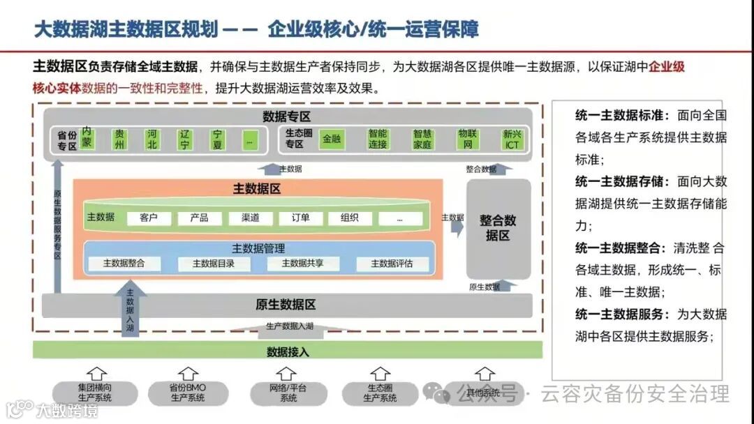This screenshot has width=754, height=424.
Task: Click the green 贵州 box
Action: (x=120, y=139)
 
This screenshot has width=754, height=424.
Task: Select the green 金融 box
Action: (x=332, y=139)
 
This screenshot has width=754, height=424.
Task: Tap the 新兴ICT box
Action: (x=512, y=139)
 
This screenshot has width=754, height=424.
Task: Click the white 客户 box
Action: (x=148, y=218)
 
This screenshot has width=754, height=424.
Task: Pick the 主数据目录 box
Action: (x=213, y=264)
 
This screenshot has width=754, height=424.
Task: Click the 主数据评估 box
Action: (x=392, y=264)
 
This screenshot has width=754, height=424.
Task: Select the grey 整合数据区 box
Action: (x=498, y=228)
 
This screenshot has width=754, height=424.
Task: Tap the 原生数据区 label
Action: (x=286, y=305)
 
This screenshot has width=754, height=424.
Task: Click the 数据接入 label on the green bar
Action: (x=288, y=351)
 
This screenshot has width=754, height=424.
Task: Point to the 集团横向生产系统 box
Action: (x=95, y=393)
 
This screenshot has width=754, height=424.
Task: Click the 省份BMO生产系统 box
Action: (x=188, y=393)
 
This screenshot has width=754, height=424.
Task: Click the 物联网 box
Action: (x=468, y=139)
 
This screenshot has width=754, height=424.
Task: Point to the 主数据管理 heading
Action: (x=258, y=248)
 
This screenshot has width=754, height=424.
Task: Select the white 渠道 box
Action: (x=250, y=218)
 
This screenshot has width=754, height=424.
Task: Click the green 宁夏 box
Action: (x=218, y=139)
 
